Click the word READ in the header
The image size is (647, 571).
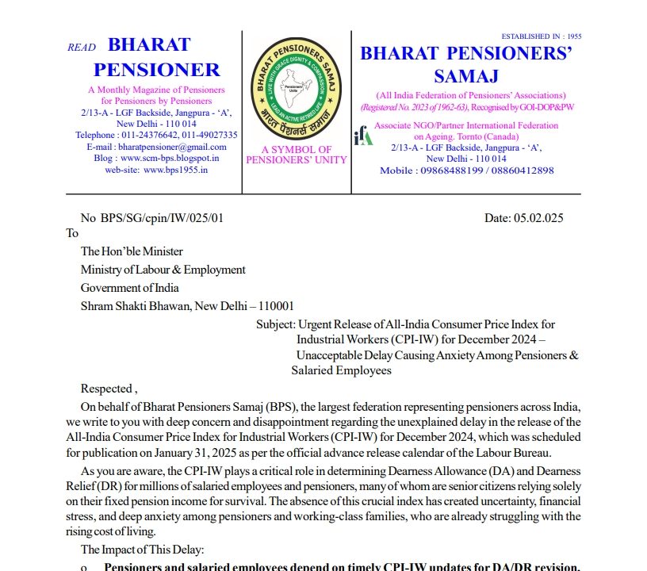82,48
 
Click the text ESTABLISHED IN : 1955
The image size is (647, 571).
542,36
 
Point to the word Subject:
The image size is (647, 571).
275,324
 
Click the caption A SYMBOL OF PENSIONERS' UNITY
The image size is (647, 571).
297,155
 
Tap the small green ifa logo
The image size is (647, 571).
363,136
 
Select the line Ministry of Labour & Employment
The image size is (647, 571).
163,270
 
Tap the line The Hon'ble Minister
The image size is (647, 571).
132,251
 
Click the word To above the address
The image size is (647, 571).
73,233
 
